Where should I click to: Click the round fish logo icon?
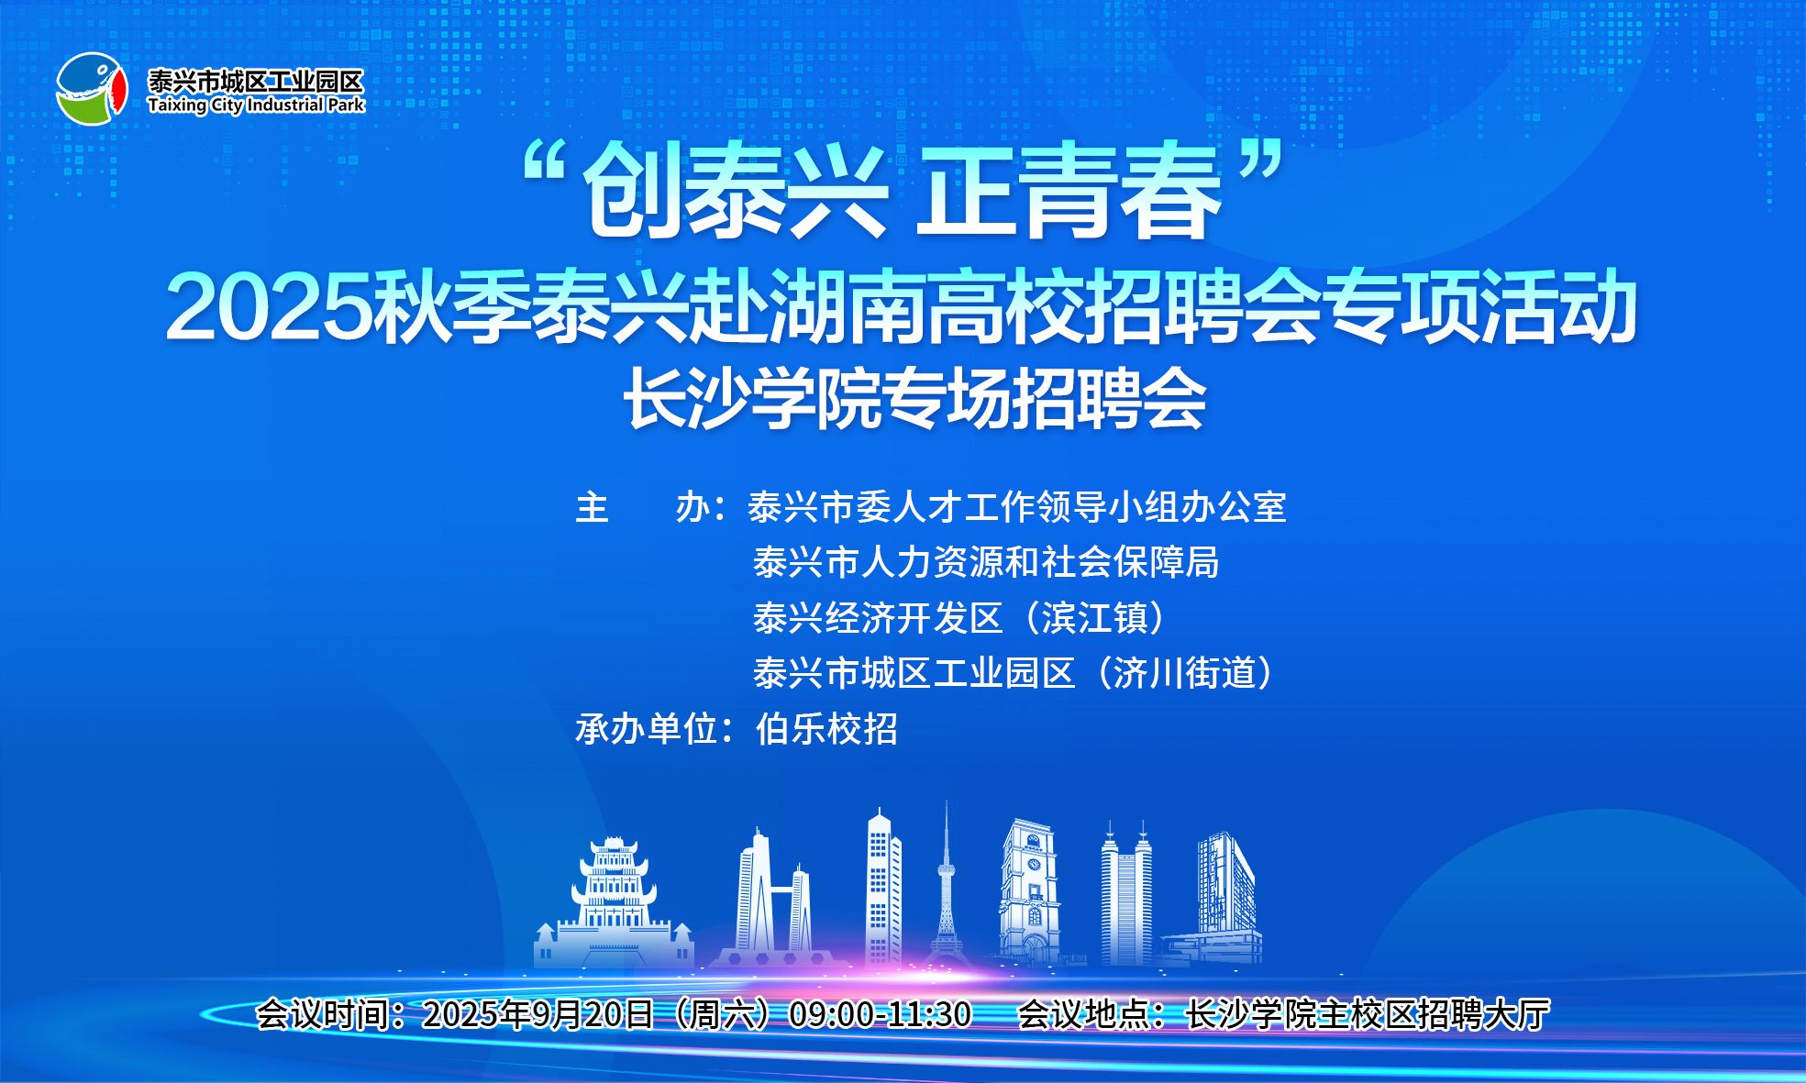91,89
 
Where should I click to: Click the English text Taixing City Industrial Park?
256,105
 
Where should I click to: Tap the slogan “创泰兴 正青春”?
903,193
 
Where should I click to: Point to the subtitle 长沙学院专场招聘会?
914,400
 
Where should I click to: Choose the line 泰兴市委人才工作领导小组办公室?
1016,507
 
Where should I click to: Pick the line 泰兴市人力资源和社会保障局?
985,562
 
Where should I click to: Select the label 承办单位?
646,729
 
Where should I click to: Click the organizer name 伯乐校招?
825,729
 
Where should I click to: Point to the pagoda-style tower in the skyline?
614,903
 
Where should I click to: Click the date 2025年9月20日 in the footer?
537,1014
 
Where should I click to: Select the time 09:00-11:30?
880,1014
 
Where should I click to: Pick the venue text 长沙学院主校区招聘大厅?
1368,1014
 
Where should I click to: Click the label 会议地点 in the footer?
1084,1014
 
